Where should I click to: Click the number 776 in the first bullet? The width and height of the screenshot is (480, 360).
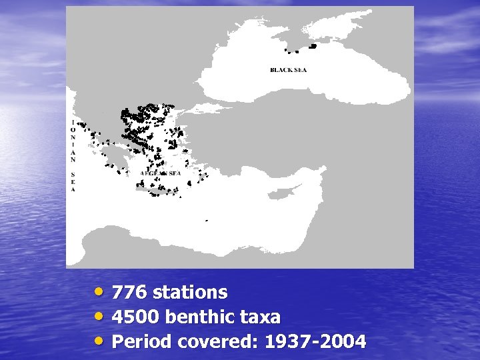pos(129,293)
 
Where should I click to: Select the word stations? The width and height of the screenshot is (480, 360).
pos(189,293)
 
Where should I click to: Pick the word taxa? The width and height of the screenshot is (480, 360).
pos(262,317)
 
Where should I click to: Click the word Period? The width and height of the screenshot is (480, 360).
pos(141,342)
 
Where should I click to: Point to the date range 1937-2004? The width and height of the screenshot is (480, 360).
pos(315,342)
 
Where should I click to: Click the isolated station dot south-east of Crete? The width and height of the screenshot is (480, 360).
pos(206,220)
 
